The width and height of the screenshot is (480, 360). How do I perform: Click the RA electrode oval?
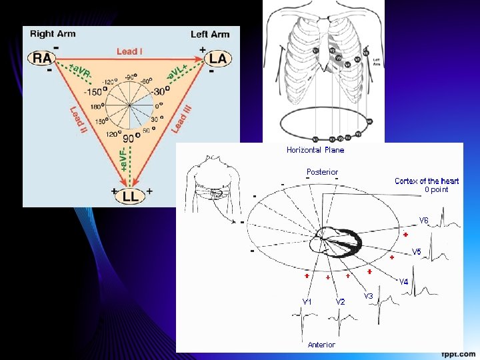(x=42, y=58)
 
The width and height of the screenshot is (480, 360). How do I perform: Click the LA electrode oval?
(x=217, y=59)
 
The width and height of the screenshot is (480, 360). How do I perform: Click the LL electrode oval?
(x=131, y=196)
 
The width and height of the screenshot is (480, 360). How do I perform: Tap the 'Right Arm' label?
(x=53, y=34)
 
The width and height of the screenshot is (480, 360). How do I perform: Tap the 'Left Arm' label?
(x=210, y=34)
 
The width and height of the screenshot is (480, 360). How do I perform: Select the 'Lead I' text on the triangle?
(x=129, y=51)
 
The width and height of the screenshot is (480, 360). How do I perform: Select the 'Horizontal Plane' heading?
(x=315, y=150)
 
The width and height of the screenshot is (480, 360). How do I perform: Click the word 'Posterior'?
(x=323, y=172)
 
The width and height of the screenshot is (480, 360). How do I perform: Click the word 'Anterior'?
(x=321, y=345)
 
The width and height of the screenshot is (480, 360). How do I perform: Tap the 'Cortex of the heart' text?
(x=427, y=181)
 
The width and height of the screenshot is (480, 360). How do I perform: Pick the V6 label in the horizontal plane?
(x=424, y=221)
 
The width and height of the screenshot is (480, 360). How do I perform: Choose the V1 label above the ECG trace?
(x=307, y=301)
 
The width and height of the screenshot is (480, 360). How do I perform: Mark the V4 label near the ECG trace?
(x=404, y=281)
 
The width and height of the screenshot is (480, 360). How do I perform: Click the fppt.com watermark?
(x=459, y=353)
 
